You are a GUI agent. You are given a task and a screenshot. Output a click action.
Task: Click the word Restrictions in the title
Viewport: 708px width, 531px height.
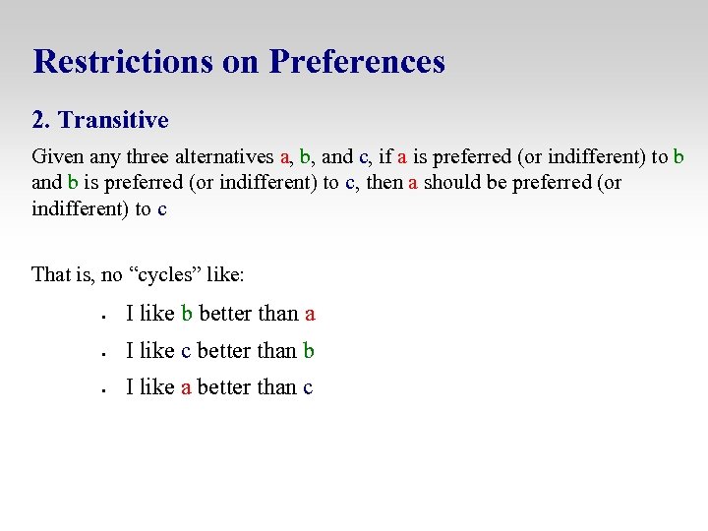coord(122,61)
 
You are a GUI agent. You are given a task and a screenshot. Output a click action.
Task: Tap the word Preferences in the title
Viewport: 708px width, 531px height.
coord(357,61)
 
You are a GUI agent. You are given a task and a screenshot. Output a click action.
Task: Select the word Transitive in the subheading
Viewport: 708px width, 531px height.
coord(113,120)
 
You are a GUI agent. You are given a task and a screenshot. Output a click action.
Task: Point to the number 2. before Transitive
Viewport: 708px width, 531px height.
coord(41,120)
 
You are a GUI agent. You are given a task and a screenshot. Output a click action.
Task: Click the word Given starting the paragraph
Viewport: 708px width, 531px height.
coord(58,157)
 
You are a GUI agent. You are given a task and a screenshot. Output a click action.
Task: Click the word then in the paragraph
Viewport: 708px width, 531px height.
coord(384,183)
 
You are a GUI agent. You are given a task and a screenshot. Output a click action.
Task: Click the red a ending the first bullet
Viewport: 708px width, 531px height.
coord(310,315)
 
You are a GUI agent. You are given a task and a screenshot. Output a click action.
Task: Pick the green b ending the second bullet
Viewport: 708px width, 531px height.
coord(309,351)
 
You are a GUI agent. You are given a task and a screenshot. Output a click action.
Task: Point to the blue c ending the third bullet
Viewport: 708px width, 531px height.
coord(308,388)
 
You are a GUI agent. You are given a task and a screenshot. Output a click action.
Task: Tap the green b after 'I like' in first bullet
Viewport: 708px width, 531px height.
coord(187,315)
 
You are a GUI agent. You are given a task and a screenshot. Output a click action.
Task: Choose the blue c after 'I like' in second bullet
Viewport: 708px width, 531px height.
coord(186,351)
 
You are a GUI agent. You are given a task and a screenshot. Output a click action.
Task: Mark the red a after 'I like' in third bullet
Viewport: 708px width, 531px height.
coord(186,388)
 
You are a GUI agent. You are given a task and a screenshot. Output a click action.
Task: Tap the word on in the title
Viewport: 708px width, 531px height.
coord(240,61)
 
